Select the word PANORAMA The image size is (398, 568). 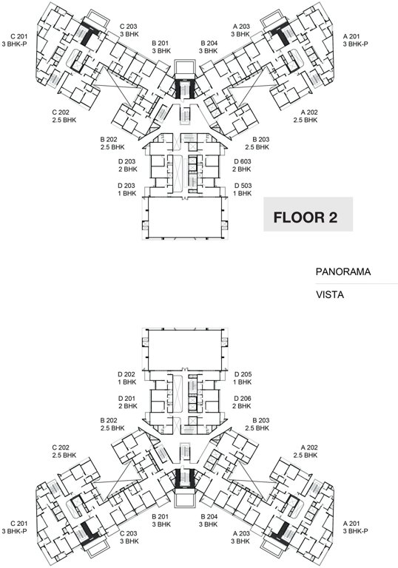pos(343,272)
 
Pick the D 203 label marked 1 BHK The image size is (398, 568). pos(127,189)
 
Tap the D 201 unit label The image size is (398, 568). pos(127,401)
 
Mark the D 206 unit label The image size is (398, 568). pos(243,401)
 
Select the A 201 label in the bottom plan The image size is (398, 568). pos(355,527)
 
